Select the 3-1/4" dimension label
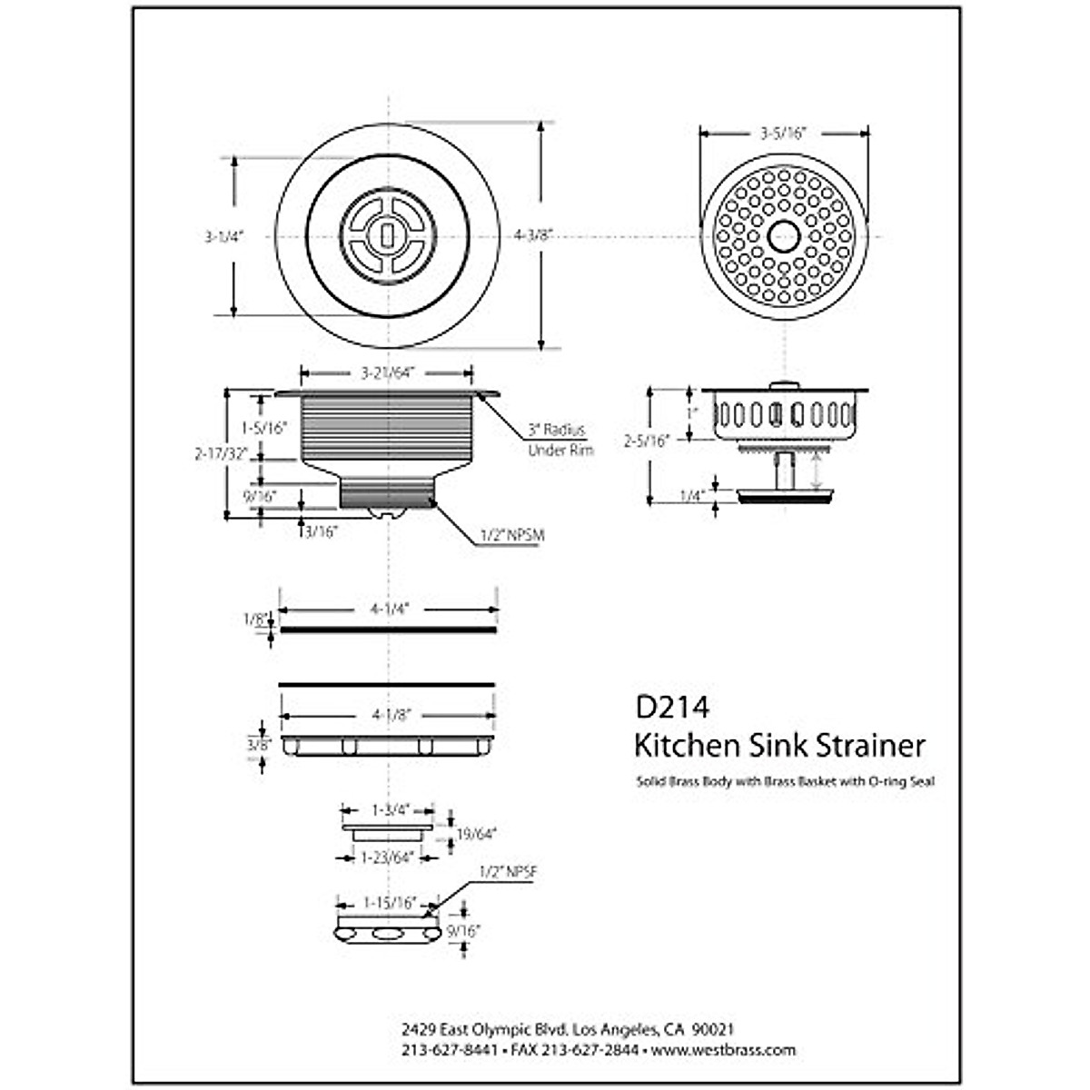(221, 235)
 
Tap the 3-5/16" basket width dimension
(783, 133)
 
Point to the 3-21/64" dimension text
(386, 372)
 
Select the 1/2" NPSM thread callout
(511, 535)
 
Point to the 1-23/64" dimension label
(388, 857)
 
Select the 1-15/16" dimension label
(389, 903)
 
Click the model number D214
(671, 706)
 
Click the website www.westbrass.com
(723, 1050)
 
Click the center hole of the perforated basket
(783, 236)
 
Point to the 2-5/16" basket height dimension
(647, 441)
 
